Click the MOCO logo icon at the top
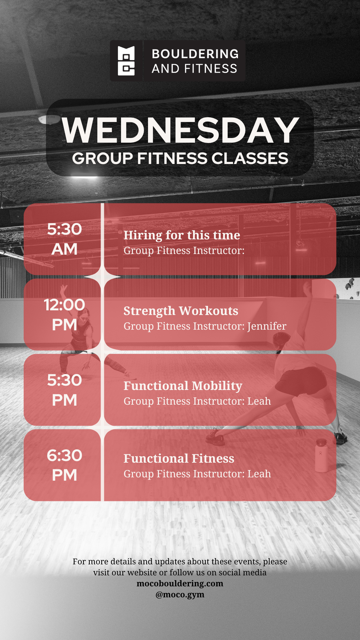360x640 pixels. pos(126,61)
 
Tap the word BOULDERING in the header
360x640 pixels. pos(195,54)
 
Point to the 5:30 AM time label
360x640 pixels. pos(64,239)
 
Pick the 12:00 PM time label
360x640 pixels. pos(64,315)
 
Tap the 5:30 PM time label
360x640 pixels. pos(64,390)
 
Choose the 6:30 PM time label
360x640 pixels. pos(64,465)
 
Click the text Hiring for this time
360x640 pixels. pos(182,235)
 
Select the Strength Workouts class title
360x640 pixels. pos(181,311)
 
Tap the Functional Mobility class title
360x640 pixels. pos(183,386)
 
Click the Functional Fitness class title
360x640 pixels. pos(179,458)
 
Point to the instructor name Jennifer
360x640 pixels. pos(267,326)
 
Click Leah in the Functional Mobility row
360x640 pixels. pos(259,401)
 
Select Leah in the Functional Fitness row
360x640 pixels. pos(259,474)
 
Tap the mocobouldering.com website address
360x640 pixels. pos(180,583)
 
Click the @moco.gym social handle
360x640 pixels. pos(180,595)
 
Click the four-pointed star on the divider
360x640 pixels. pos(102,277)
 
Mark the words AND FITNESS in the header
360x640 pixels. pos(195,69)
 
